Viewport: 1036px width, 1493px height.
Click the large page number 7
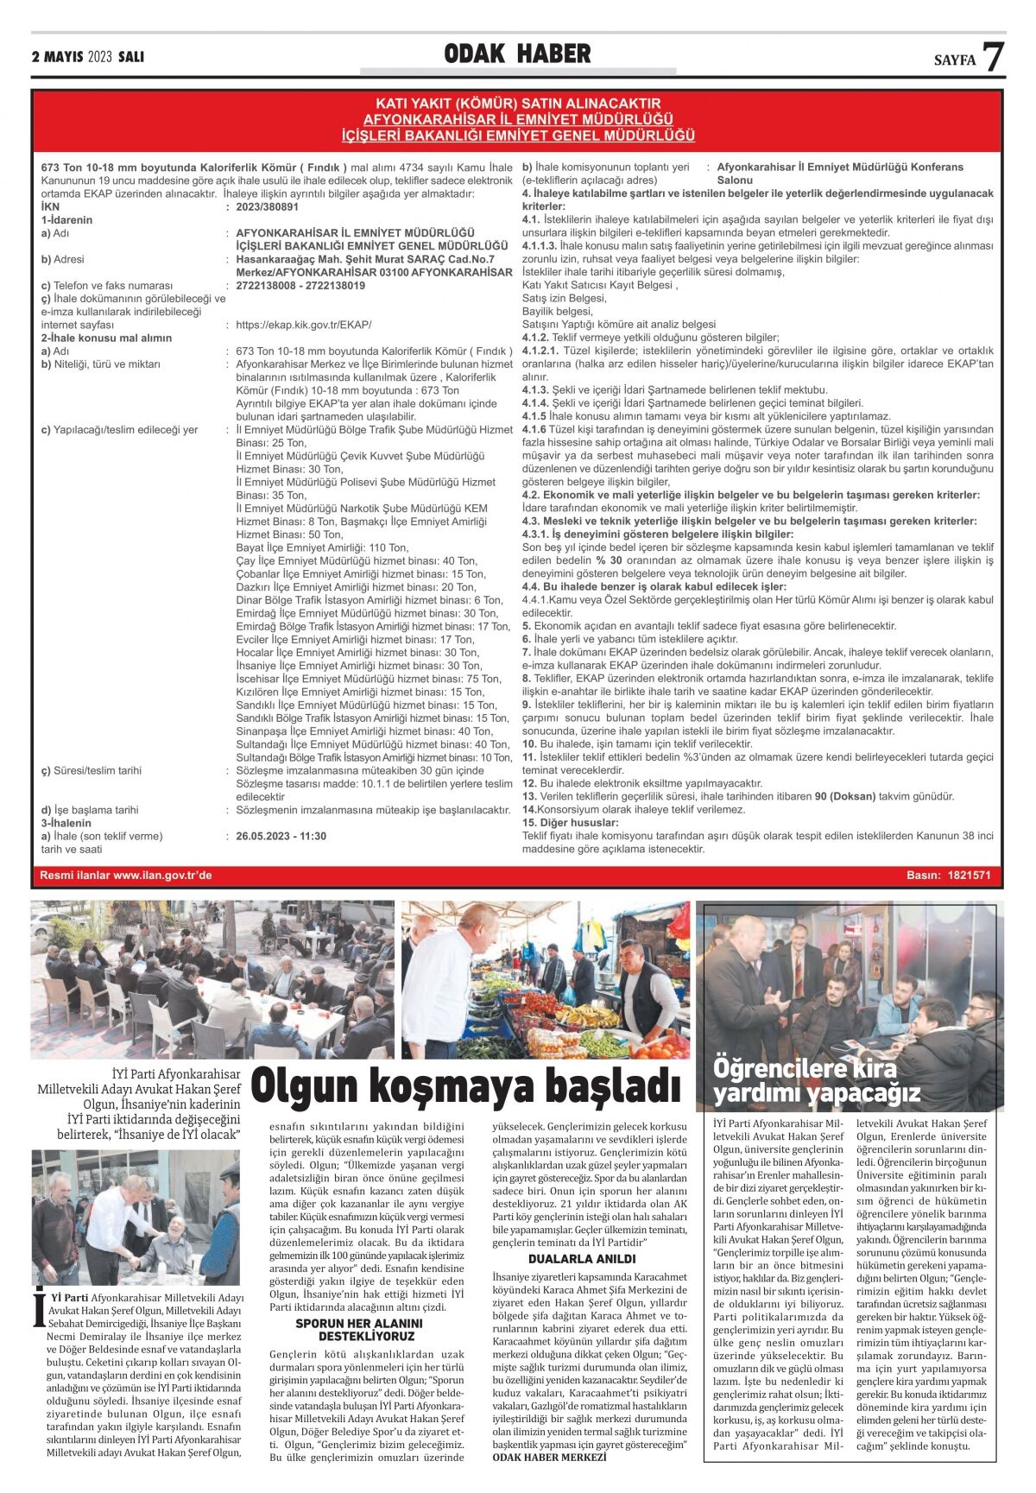click(994, 57)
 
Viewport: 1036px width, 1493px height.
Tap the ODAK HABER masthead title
click(517, 54)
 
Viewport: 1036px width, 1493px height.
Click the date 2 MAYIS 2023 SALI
click(87, 57)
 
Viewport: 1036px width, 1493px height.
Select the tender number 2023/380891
click(267, 207)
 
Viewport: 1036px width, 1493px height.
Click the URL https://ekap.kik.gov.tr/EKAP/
click(303, 325)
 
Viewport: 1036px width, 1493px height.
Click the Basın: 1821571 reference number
click(948, 876)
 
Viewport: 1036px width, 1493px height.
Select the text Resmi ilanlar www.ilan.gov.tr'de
click(126, 876)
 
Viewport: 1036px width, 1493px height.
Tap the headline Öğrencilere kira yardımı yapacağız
click(816, 1080)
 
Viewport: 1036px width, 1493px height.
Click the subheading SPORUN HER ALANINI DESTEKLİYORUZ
click(359, 1329)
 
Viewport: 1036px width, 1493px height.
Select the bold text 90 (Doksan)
click(845, 796)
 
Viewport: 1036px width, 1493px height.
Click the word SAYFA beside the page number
click(954, 60)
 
